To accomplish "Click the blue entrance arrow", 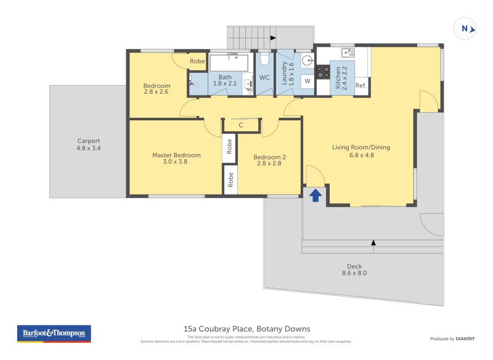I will pos(315,195).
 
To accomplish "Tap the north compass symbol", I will pos(465,28).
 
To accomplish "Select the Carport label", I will pos(89,144).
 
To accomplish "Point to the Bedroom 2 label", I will pos(269,161).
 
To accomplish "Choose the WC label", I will pos(264,78).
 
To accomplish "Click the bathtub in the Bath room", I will pos(229,62).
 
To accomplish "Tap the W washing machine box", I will pos(307,81).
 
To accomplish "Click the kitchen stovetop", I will pos(323,72).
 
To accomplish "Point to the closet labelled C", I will pos(241,125).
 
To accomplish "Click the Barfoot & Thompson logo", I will pos(54,333).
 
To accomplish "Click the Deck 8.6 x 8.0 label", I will pos(354,269).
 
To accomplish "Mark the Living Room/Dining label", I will pos(361,151).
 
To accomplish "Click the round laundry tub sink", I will pos(308,61).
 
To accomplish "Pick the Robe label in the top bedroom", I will pos(197,61).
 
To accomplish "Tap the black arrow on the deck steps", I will pos(373,243).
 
